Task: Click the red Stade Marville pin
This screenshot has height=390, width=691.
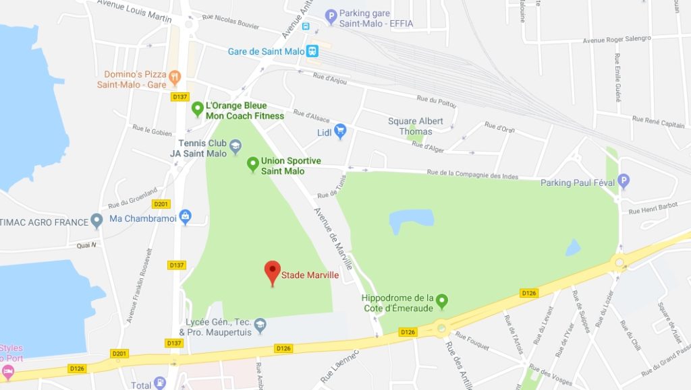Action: [272, 271]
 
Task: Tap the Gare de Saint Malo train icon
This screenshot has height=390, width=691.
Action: [312, 51]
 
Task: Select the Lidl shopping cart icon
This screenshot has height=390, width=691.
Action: [340, 131]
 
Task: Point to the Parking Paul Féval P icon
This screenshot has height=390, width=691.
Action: [624, 181]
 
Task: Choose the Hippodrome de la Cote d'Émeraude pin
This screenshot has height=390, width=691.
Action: [442, 300]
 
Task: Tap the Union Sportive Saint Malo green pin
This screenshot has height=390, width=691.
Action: [252, 164]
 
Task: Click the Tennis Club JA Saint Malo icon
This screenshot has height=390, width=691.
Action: [235, 145]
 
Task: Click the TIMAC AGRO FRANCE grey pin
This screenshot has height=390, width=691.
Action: [97, 220]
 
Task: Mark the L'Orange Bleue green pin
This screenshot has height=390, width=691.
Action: [198, 108]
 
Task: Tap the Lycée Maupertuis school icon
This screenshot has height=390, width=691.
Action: [260, 327]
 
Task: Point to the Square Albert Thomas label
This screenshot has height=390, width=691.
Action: [416, 126]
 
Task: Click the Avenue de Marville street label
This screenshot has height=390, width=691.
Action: [333, 238]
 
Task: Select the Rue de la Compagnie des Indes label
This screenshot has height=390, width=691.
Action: [472, 175]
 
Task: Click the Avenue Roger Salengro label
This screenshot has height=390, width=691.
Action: [617, 40]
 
